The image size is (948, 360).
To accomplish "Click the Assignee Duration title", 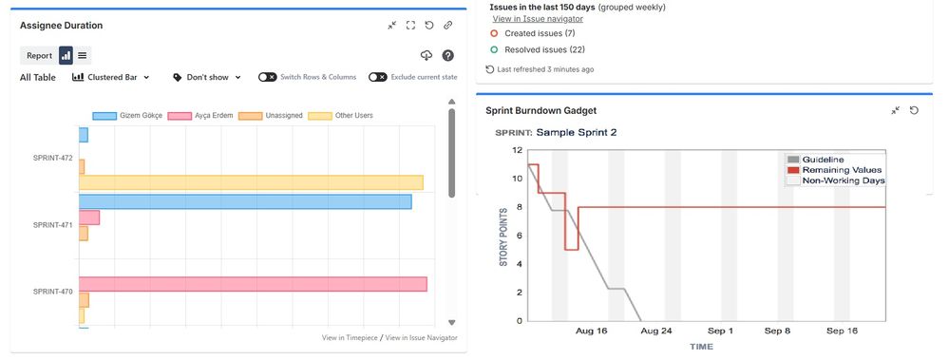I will point(61,26).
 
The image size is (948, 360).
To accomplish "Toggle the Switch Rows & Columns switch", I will point(268,77).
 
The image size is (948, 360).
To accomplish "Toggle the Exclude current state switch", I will point(377,77).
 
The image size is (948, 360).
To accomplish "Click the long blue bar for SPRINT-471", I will point(245,201).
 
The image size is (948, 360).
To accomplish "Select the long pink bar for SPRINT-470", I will point(253,284).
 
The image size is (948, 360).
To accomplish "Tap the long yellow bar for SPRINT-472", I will point(251,182).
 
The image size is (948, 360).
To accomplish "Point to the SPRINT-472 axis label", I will point(53,158).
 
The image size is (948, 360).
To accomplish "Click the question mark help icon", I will point(447,56).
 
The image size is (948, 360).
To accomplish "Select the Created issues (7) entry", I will point(540,33).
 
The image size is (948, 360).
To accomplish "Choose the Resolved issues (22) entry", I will point(544,49).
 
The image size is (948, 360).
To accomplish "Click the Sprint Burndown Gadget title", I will point(540,110).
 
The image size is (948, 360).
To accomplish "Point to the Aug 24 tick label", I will point(656,331).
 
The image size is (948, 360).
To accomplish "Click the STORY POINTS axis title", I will point(503,234).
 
